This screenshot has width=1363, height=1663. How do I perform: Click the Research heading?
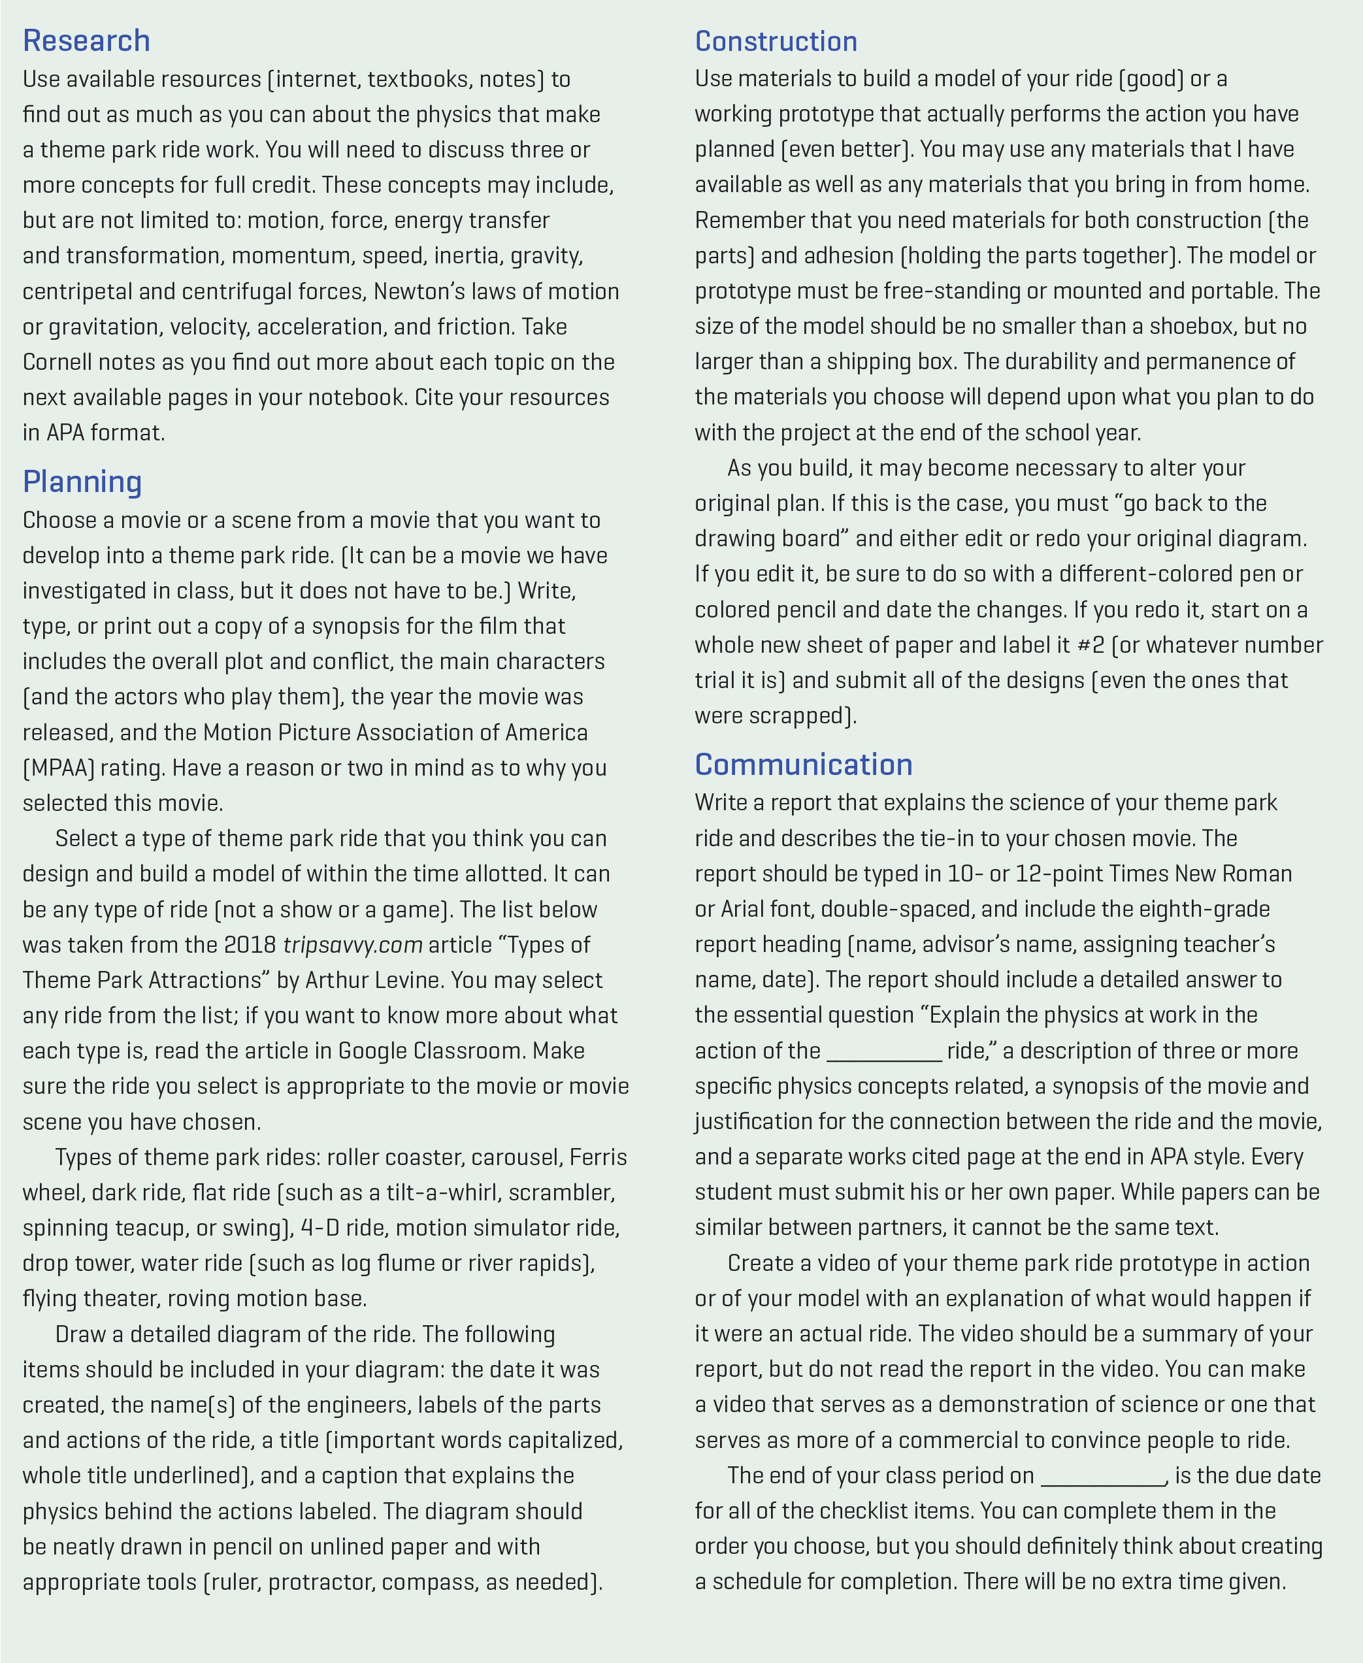[86, 41]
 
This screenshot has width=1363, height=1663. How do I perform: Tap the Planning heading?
[82, 482]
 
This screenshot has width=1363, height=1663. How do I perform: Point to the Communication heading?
[803, 764]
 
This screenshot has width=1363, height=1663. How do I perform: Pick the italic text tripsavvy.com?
[353, 945]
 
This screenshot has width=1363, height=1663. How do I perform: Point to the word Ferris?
[599, 1157]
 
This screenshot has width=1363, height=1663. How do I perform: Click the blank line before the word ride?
[884, 1052]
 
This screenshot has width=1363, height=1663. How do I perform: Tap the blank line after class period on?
[1103, 1477]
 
